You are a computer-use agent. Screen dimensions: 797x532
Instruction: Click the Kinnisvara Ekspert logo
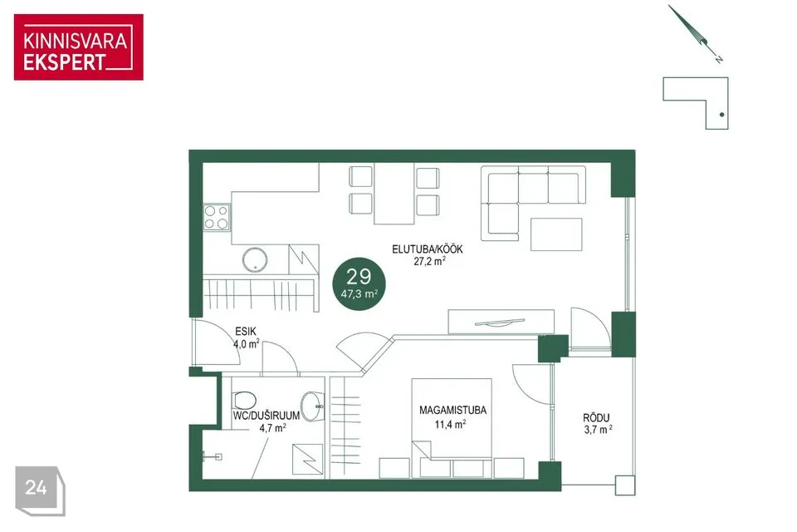coord(78,47)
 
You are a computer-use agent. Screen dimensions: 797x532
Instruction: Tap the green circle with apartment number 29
coord(359,284)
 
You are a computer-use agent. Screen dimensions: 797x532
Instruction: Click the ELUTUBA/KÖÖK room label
coord(427,249)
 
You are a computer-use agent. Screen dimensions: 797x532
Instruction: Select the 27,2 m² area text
coord(429,262)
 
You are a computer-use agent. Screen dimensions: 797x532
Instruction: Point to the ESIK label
coord(246,332)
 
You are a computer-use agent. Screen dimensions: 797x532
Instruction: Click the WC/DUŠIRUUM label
coord(266,416)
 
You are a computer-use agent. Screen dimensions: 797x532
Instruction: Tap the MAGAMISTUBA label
coord(452,411)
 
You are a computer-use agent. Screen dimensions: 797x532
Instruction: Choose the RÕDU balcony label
coord(596,418)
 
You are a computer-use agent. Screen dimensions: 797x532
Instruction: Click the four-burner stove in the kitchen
coord(216,218)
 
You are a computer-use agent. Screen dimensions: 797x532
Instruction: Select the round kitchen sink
coord(255,259)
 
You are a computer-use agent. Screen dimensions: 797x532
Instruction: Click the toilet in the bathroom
coord(243,401)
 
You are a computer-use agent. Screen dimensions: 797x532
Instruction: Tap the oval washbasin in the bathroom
coord(311,406)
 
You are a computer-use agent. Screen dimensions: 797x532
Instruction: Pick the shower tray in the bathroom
coord(307,459)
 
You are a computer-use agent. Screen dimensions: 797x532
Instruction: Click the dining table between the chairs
coord(394,194)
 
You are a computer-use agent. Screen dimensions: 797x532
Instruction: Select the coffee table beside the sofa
coord(556,234)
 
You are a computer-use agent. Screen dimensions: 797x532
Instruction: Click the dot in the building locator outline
coord(721,115)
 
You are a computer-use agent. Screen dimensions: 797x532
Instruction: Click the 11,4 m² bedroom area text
coord(450,424)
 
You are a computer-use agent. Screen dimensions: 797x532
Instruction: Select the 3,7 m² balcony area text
coord(598,430)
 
